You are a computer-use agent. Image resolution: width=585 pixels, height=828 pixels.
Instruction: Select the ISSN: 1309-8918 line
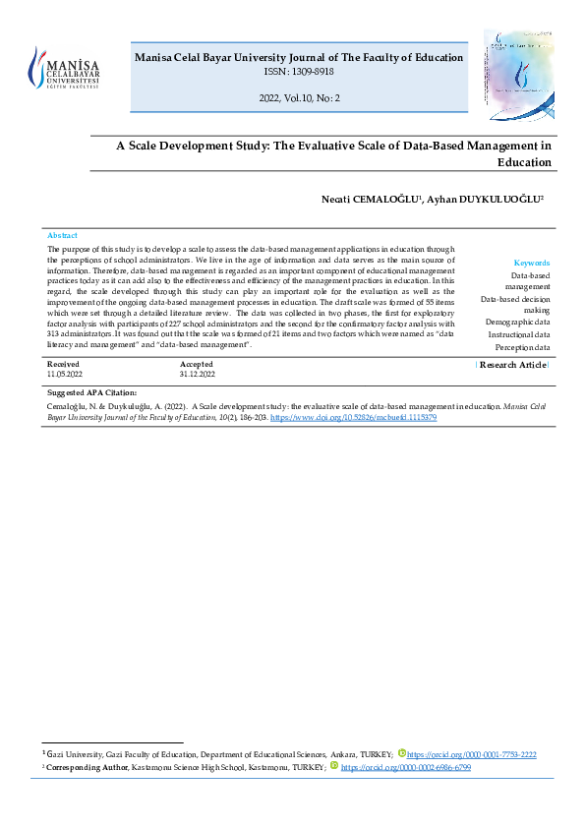[298, 73]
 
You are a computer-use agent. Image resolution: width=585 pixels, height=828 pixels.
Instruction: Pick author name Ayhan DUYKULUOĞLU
[487, 200]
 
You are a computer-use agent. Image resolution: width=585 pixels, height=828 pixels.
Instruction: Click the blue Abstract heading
[62, 236]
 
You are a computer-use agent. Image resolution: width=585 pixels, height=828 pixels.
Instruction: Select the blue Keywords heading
[532, 263]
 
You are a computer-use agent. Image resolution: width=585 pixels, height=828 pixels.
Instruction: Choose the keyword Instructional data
[519, 335]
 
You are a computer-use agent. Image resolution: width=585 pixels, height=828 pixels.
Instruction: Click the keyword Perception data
[522, 348]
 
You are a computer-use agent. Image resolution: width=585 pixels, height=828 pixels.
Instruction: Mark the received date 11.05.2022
[66, 375]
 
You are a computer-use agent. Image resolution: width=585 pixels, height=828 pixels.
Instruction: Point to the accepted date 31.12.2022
[199, 375]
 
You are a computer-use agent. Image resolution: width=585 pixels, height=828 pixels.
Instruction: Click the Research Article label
[512, 365]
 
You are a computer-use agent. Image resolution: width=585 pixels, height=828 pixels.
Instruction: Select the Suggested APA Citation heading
[92, 392]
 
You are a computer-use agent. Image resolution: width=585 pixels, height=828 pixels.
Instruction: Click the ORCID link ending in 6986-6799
[405, 766]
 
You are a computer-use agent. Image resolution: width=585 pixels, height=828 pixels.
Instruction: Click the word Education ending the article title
[524, 162]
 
